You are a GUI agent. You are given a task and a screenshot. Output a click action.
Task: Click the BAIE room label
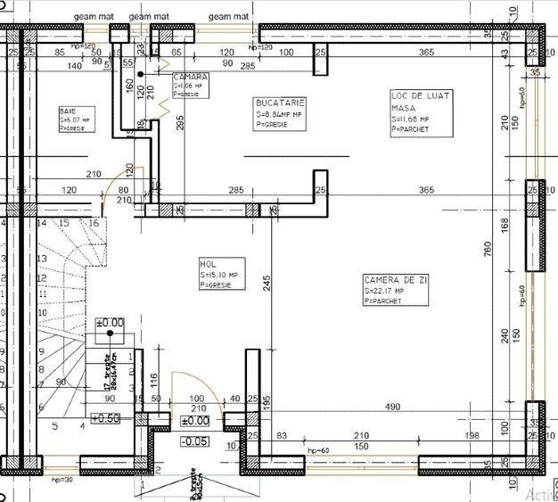tap(68, 110)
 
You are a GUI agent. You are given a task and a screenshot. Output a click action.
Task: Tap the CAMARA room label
tap(190, 78)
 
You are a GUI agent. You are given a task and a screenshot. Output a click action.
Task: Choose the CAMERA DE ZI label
tap(395, 280)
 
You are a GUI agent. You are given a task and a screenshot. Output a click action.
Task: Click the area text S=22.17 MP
tap(384, 291)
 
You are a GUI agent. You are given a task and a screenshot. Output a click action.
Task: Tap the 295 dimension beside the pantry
tap(179, 122)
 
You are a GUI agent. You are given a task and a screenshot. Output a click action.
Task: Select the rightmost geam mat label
tap(228, 16)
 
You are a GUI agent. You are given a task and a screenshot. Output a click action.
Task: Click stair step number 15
tap(63, 223)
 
